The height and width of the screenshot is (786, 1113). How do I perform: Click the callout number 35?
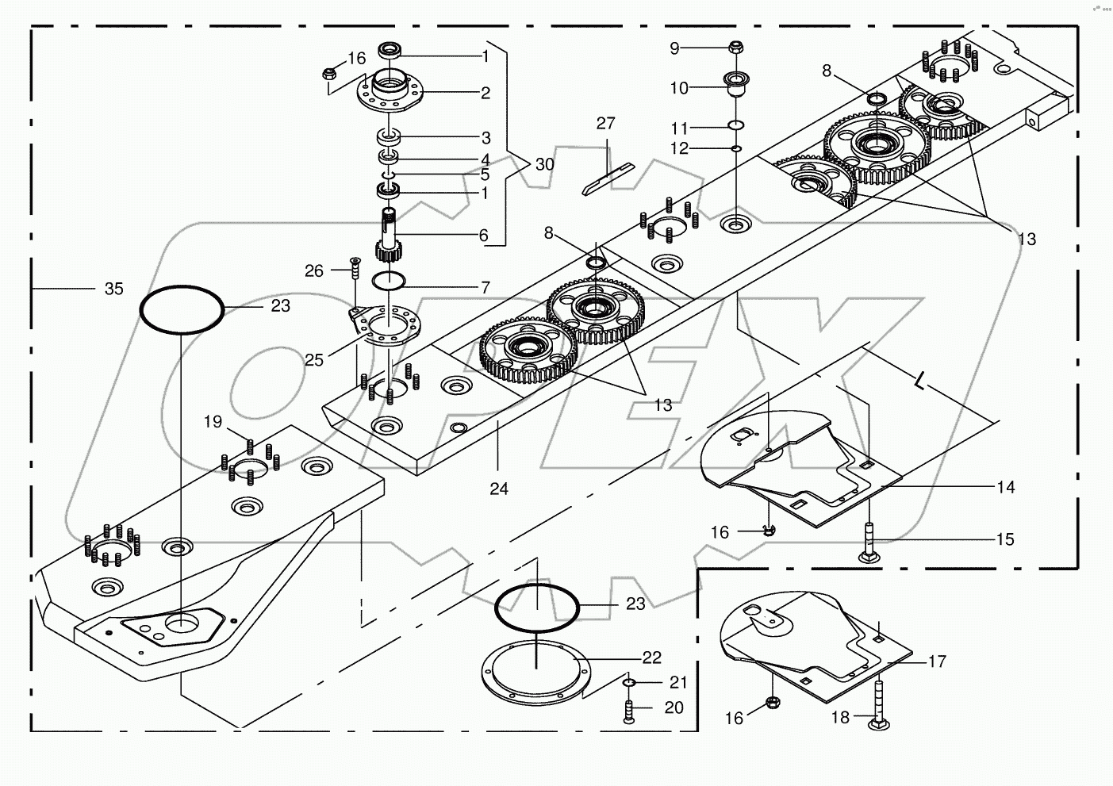[x=113, y=289]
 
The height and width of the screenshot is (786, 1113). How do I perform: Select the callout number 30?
[x=544, y=164]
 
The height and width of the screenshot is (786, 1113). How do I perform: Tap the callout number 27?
[x=606, y=124]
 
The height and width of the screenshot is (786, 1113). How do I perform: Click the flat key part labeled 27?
[x=607, y=178]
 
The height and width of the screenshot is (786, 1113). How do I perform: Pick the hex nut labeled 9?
[x=735, y=48]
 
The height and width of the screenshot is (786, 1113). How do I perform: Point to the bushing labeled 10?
[x=736, y=82]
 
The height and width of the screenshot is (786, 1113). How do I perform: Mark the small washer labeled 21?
[x=628, y=683]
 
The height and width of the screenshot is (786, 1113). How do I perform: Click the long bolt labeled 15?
[x=869, y=544]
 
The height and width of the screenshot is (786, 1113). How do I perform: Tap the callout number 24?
[x=498, y=489]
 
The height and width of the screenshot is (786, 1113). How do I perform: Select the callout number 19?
[x=213, y=422]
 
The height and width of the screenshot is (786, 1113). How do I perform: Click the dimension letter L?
[x=919, y=382]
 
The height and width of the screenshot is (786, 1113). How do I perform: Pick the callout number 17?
[x=937, y=661]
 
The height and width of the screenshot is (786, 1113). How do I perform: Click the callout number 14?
[x=1005, y=487]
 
